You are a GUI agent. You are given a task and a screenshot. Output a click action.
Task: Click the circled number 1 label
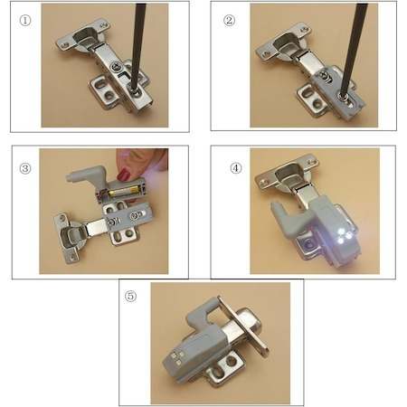tap(25, 21)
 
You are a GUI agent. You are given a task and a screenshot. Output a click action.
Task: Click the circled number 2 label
tap(229, 20)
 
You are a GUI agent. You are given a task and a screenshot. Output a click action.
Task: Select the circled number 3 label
tap(25, 168)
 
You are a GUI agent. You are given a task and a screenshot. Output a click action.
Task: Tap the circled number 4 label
tap(236, 168)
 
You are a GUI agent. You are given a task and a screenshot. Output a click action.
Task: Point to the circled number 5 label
tap(130, 296)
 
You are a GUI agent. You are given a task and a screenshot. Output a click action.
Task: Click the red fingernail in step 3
tap(123, 175)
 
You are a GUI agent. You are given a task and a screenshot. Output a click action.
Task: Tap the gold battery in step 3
tap(124, 191)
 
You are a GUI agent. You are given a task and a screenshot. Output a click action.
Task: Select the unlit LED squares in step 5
tap(178, 356)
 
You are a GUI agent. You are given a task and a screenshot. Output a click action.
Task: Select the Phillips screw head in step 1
tap(115, 66)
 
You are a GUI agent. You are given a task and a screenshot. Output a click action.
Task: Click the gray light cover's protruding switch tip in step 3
tap(71, 176)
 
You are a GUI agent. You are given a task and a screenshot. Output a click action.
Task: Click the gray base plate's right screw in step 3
tap(135, 215)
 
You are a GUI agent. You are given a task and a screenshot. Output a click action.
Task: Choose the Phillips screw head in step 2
tap(324, 74)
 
